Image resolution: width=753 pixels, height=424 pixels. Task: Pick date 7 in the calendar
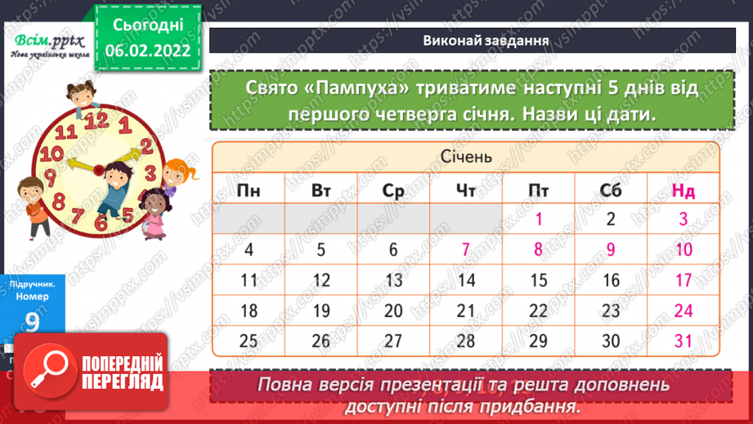[x=465, y=250]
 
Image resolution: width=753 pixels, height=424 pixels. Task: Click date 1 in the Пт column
[x=539, y=219]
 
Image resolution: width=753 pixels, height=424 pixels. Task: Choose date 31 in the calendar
[x=684, y=341]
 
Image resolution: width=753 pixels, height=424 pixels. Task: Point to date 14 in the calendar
[x=466, y=280]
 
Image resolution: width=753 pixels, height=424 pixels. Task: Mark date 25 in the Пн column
[x=249, y=341]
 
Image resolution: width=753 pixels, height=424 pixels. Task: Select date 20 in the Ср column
[x=393, y=310]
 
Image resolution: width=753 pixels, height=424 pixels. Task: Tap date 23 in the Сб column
[x=611, y=310]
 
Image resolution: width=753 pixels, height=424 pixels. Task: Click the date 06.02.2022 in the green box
[x=147, y=52]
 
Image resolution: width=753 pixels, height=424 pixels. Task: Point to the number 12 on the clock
[x=96, y=120]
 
